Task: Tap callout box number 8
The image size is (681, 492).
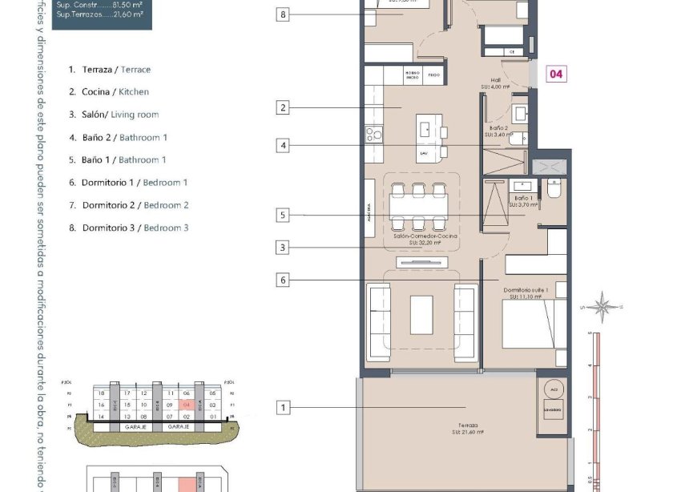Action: [283, 14]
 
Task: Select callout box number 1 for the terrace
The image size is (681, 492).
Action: [283, 408]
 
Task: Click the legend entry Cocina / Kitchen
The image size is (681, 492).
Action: [115, 92]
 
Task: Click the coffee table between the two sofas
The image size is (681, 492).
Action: [421, 315]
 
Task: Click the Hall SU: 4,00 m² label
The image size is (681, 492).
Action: [495, 83]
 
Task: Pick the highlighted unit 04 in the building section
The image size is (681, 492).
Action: [186, 405]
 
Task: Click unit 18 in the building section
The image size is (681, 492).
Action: [101, 393]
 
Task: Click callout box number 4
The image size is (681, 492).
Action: [283, 146]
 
